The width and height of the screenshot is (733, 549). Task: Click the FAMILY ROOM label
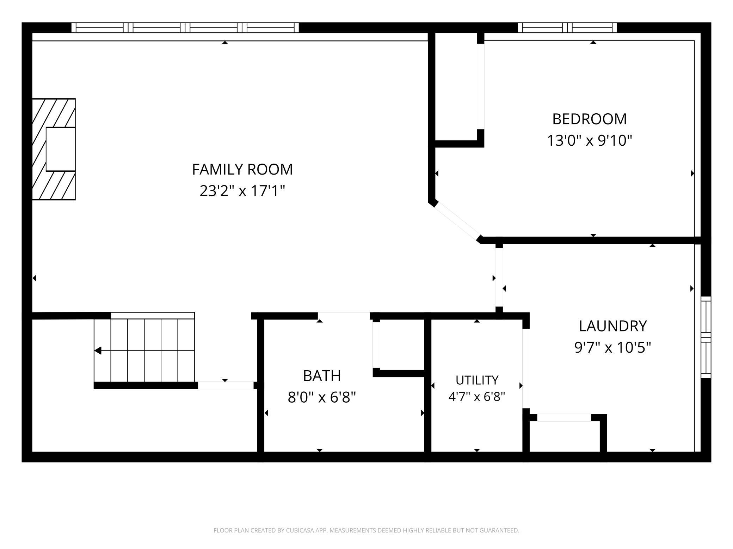pos(242,169)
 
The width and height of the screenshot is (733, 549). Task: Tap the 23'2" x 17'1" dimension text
pos(242,191)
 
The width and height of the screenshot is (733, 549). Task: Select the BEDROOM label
pos(589,119)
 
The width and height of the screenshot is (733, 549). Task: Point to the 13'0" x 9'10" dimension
pos(589,141)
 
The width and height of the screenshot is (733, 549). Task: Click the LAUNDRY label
pos(613,326)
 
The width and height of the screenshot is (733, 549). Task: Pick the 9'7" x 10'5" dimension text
pos(613,348)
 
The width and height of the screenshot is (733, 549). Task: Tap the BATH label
pos(322,376)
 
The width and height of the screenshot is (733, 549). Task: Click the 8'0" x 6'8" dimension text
pos(322,398)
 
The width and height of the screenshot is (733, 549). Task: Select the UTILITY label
pos(477,380)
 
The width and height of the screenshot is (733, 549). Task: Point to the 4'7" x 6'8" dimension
pos(477,397)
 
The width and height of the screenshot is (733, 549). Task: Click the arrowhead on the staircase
pos(98,351)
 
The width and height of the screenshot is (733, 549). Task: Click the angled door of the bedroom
pos(457,221)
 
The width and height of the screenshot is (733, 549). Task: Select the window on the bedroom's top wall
pos(567,27)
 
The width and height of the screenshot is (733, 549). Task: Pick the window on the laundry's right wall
pos(706,337)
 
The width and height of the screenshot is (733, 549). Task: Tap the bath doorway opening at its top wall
pos(344,316)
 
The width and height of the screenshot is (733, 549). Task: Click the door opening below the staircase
pos(226,385)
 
